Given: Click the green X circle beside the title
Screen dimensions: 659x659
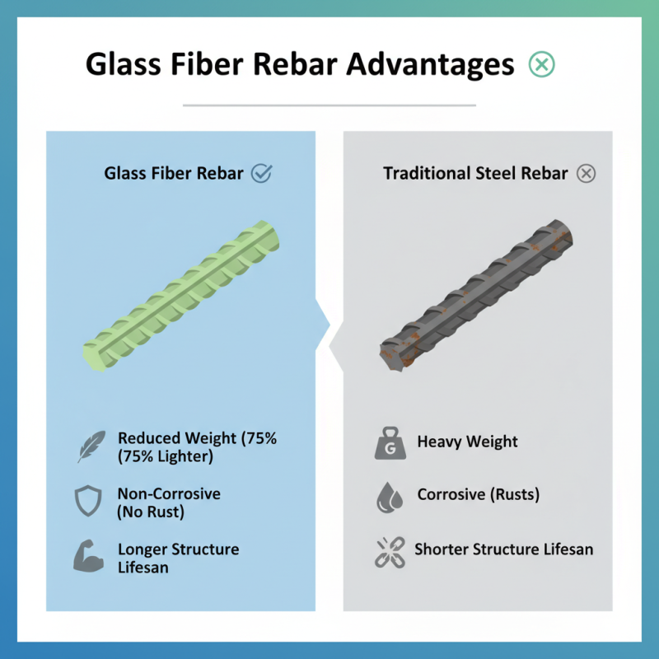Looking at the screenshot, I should tap(541, 64).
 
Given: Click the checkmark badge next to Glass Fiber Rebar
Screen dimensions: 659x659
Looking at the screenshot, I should tap(261, 173).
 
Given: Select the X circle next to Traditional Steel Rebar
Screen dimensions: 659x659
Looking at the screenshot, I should tap(586, 173).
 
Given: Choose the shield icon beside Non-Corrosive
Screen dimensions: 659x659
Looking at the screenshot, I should tap(88, 501).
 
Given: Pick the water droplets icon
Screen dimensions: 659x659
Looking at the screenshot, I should tap(389, 497).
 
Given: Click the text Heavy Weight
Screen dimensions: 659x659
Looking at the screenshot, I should tap(467, 442).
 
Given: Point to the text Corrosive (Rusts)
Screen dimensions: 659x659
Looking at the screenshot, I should tap(478, 495).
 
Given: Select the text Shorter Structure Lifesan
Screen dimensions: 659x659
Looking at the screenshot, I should tap(503, 549).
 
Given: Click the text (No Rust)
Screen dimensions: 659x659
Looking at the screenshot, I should tap(151, 512).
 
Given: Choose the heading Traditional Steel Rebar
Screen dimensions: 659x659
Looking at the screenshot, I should tap(475, 173).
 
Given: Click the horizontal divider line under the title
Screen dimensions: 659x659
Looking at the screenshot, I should tap(329, 105).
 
